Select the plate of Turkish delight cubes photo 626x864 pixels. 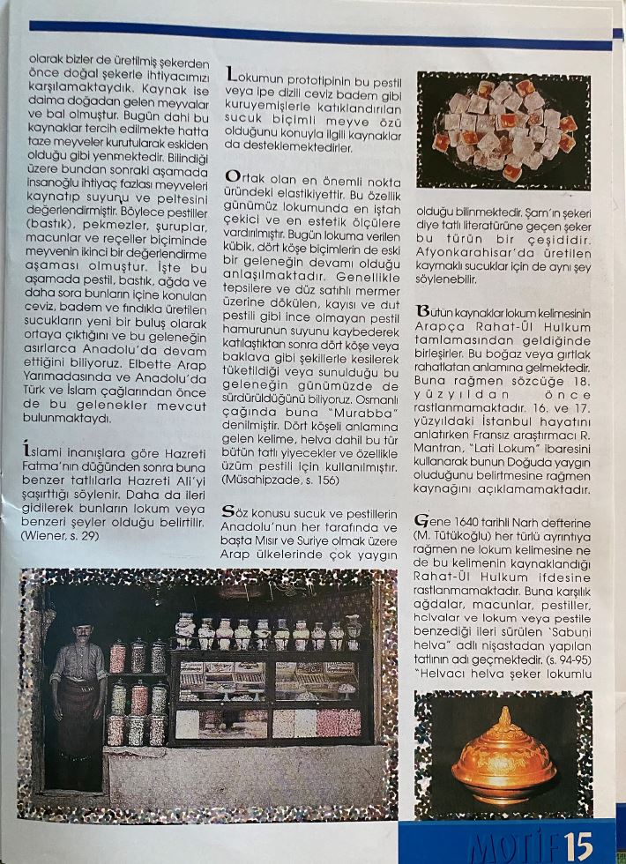(x=503, y=130)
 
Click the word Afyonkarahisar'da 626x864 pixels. (x=473, y=249)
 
